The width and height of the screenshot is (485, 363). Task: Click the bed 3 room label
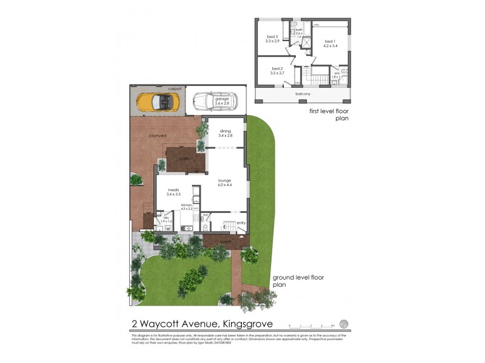[272, 38]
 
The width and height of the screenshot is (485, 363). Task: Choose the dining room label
[226, 133]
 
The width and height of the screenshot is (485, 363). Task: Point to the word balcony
[303, 94]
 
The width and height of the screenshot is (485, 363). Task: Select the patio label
[184, 159]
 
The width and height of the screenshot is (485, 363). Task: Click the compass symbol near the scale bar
[344, 324]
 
